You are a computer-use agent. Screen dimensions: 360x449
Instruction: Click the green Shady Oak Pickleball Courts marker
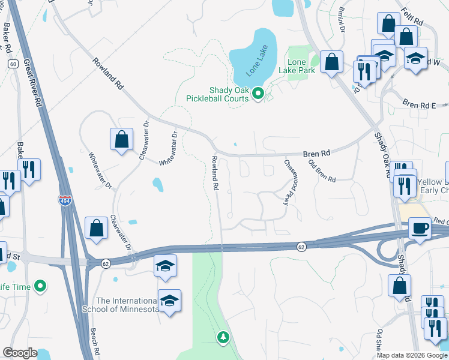click(x=258, y=93)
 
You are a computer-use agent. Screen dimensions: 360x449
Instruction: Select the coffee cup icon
click(x=420, y=228)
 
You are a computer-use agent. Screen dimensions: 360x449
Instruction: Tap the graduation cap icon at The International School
click(x=170, y=301)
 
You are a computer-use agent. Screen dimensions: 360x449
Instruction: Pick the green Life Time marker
click(x=40, y=286)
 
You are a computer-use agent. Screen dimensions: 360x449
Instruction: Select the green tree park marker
click(x=223, y=338)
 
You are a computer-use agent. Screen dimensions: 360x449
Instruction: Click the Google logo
click(x=20, y=353)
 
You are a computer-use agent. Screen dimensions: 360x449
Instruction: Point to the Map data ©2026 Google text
click(x=412, y=355)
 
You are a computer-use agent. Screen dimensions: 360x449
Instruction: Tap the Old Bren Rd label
click(x=322, y=171)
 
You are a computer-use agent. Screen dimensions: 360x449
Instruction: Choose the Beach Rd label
click(x=94, y=340)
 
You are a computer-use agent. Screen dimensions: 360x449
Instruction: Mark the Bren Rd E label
click(x=419, y=104)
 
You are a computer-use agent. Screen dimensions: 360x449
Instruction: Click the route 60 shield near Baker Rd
click(x=12, y=63)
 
